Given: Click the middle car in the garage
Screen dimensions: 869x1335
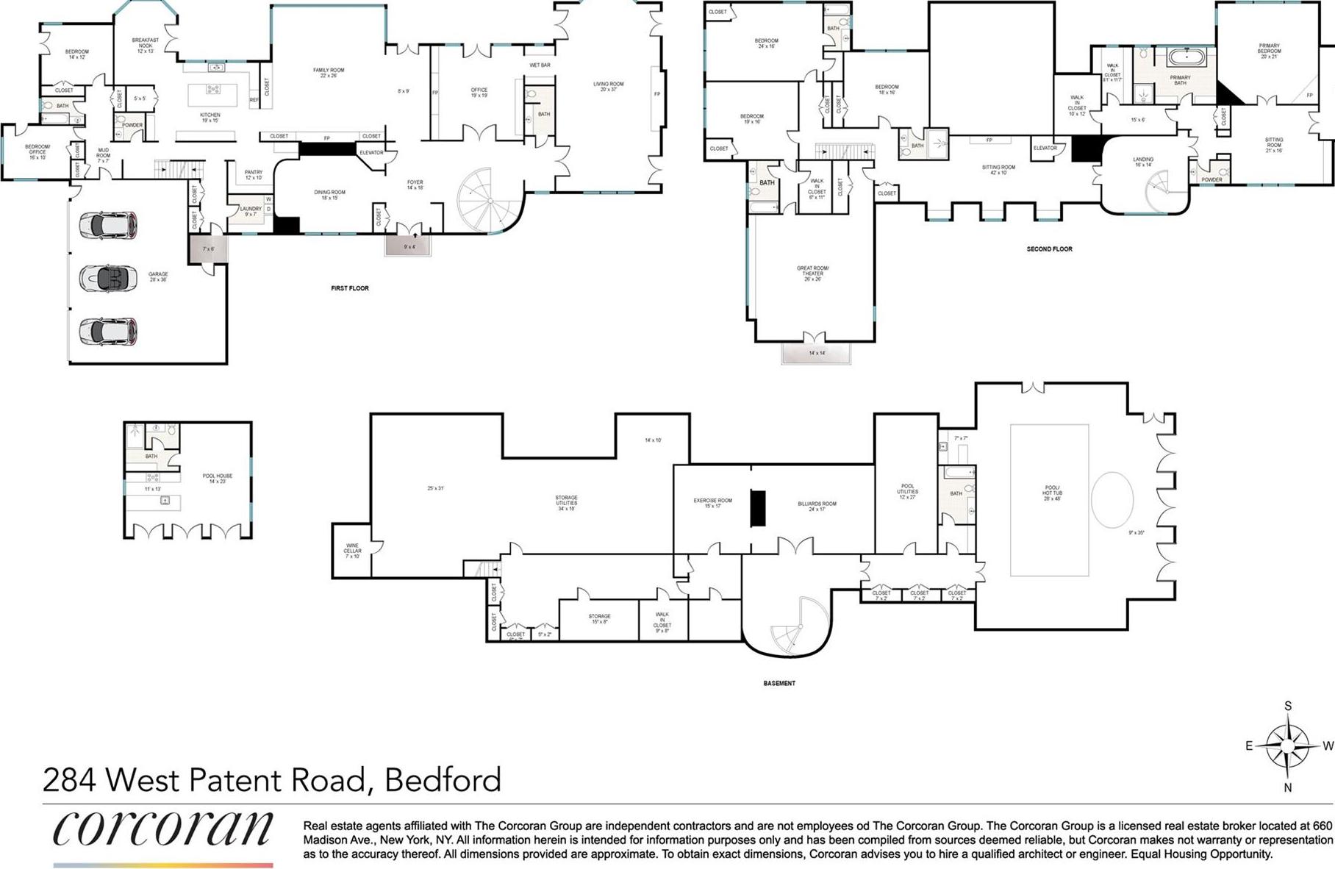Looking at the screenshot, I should click(x=107, y=278).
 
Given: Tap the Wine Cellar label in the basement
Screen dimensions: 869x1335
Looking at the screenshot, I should click(x=352, y=551).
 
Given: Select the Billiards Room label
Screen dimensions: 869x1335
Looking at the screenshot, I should click(x=817, y=506).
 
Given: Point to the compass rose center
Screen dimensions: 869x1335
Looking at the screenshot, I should click(x=1287, y=745).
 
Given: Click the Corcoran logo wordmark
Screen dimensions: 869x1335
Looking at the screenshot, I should click(x=162, y=829).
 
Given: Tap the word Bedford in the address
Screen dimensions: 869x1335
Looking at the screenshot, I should click(x=443, y=779).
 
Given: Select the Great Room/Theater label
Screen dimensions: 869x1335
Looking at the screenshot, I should click(x=812, y=273).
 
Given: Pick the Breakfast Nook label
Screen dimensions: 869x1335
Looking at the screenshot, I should click(x=146, y=46).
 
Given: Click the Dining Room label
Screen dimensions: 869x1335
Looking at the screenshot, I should click(x=329, y=195).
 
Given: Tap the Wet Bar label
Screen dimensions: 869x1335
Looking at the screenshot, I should click(x=540, y=65).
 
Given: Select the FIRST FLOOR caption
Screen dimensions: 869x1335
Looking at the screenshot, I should click(x=350, y=288).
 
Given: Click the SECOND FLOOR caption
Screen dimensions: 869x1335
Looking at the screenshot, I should click(x=1049, y=249).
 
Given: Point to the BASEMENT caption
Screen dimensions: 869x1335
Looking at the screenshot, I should click(x=779, y=683).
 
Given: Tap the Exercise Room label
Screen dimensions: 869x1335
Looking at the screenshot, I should click(x=712, y=503).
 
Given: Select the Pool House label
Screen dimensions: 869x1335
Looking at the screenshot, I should click(x=218, y=478).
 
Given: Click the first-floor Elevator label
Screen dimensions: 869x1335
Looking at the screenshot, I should click(x=372, y=153).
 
